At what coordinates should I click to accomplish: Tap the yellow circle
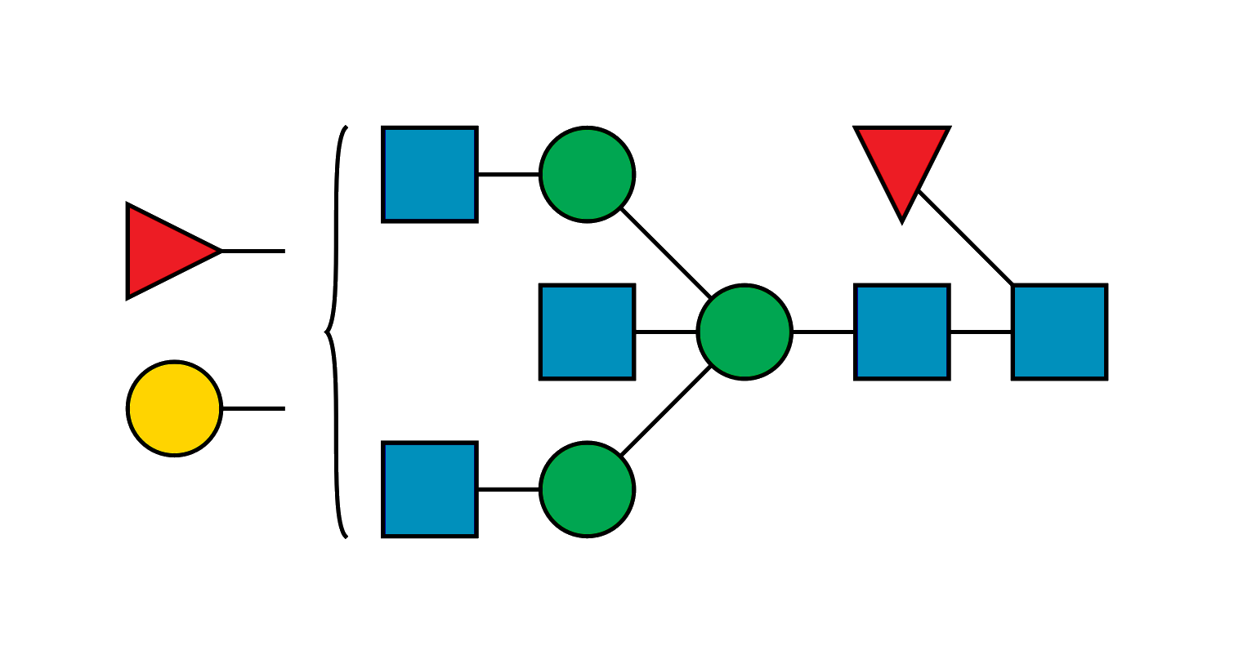(174, 408)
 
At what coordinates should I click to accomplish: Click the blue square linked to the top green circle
(430, 174)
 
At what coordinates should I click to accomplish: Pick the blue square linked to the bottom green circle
(430, 489)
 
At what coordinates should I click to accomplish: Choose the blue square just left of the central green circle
(587, 332)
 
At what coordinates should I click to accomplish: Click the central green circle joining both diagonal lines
(744, 332)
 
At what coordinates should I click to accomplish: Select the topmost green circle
(587, 174)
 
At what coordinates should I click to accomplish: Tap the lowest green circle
(587, 489)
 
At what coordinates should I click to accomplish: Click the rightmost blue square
(1059, 332)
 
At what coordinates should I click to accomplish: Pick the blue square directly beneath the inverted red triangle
(901, 332)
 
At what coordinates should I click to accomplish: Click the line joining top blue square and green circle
(508, 176)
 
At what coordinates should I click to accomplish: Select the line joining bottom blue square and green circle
(508, 488)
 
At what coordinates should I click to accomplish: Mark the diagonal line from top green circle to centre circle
(665, 253)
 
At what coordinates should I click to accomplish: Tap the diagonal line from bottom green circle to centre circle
(665, 411)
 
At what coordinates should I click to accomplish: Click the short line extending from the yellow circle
(253, 406)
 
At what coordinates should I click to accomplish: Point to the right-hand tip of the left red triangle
(218, 251)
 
